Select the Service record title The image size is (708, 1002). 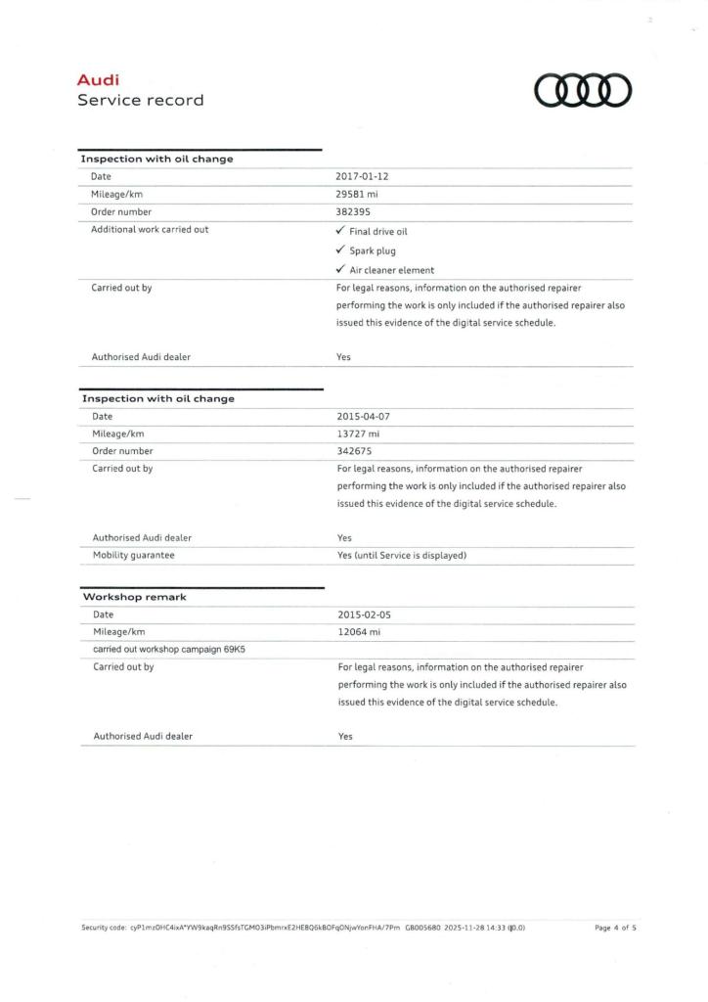pyautogui.click(x=141, y=100)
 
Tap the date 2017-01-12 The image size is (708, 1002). pyautogui.click(x=364, y=176)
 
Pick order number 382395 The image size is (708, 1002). pyautogui.click(x=353, y=210)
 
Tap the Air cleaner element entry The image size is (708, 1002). pyautogui.click(x=392, y=269)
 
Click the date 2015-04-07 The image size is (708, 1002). pyautogui.click(x=364, y=416)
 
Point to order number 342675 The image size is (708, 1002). pyautogui.click(x=353, y=450)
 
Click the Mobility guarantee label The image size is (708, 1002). pyautogui.click(x=134, y=555)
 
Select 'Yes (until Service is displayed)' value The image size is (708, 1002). pyautogui.click(x=401, y=555)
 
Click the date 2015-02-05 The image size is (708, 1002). pyautogui.click(x=364, y=615)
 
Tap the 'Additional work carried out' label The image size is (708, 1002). pyautogui.click(x=150, y=229)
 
